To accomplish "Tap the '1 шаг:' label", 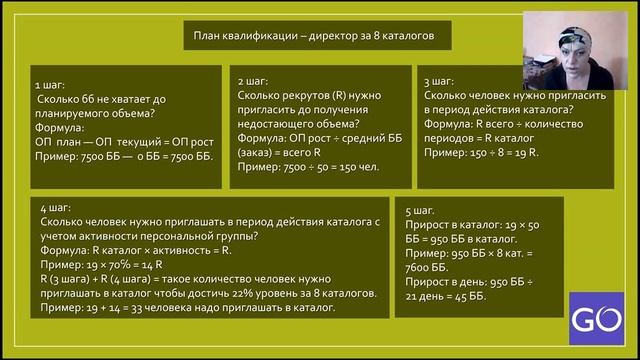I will coord(52,85).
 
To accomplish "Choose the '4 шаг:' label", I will coord(56,206).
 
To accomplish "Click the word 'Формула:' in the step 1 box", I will coord(61,129).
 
